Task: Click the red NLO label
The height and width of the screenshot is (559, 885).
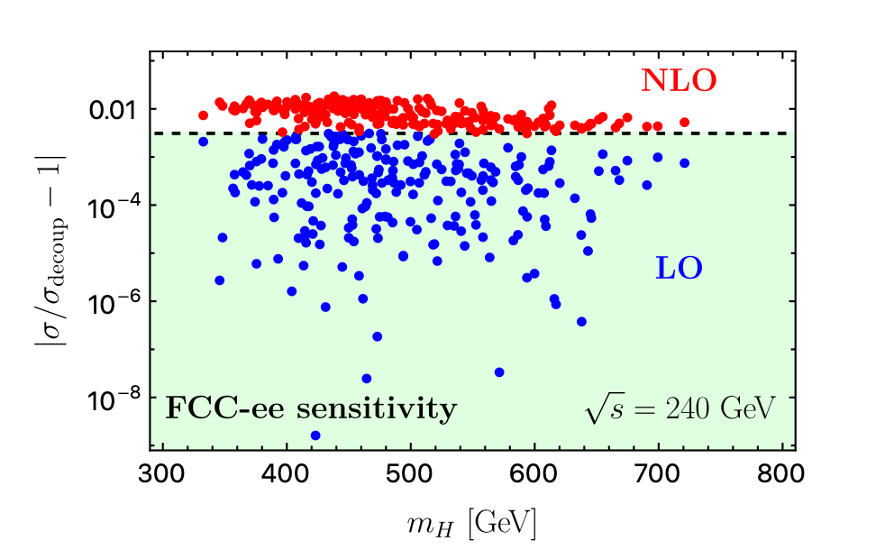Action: (679, 81)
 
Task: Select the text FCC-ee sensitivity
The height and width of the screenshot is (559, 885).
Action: (311, 408)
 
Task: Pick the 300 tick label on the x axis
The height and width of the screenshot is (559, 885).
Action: (163, 472)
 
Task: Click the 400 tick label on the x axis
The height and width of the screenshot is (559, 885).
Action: (287, 472)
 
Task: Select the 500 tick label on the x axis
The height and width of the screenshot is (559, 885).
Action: (411, 472)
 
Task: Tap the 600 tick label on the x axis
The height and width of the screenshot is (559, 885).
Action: (534, 472)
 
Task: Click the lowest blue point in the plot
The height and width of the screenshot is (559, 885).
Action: (315, 435)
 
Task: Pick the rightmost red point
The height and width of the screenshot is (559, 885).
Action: (684, 122)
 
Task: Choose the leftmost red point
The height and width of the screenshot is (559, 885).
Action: (204, 115)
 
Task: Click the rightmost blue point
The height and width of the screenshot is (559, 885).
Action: (684, 162)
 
